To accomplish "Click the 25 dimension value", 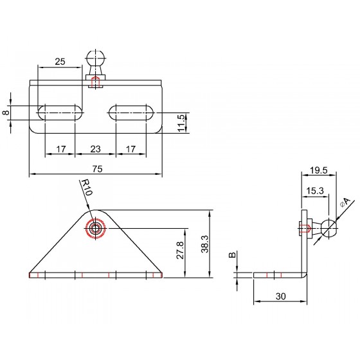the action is [60, 62].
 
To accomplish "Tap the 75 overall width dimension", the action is [97, 169].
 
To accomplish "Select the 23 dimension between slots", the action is [95, 149].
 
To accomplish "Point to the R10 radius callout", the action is [87, 187].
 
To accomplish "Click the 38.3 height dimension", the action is [204, 244].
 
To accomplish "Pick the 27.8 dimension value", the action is [180, 250].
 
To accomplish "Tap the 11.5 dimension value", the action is [181, 123].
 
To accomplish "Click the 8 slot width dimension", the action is [7, 113].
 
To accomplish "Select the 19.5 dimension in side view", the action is [318, 170].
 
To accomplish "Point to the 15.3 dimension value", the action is [315, 190].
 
